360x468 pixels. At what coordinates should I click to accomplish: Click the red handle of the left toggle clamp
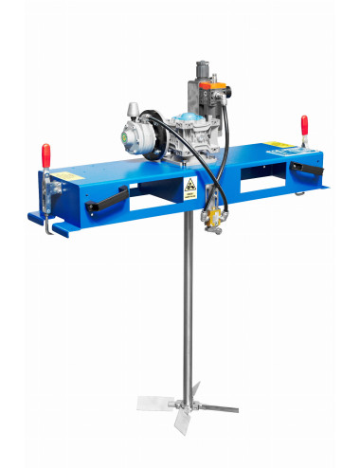(x=45, y=153)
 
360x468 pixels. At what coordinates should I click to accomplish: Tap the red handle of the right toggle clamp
(x=304, y=124)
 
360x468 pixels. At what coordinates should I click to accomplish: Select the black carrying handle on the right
(x=306, y=170)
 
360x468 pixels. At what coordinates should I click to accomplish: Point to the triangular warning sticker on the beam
(x=189, y=189)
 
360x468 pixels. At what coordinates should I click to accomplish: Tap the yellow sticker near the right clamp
(x=277, y=149)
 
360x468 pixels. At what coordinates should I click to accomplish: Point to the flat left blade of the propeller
(x=153, y=403)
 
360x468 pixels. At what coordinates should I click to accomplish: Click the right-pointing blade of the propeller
(x=217, y=409)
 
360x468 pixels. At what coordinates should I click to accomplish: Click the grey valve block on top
(x=204, y=89)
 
